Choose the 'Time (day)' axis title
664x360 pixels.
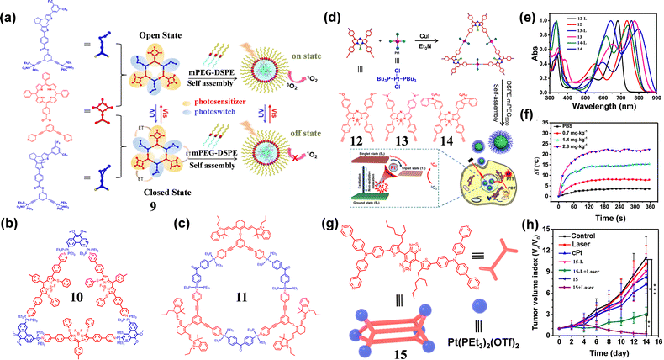point(601,352)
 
